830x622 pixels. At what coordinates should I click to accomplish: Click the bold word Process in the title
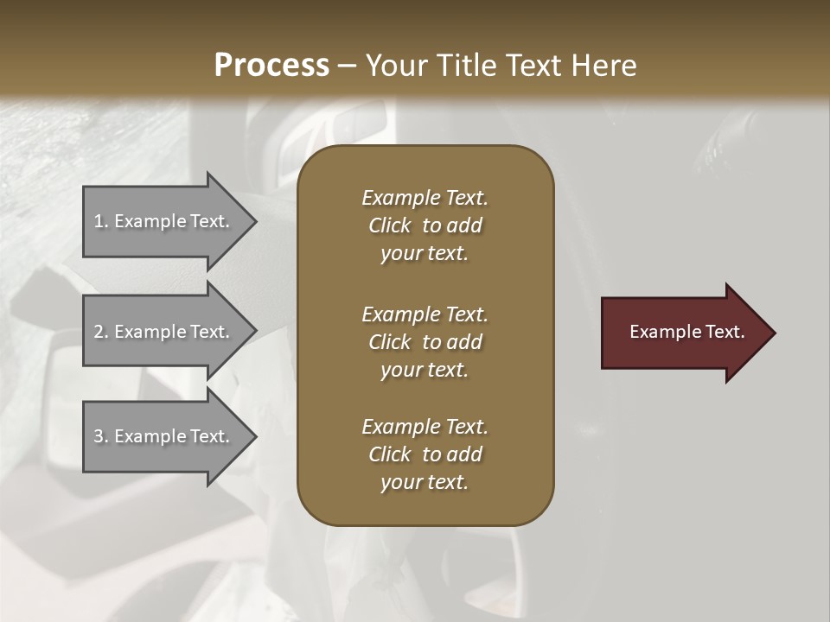tap(271, 66)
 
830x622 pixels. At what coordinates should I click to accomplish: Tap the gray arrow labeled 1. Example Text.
tap(164, 221)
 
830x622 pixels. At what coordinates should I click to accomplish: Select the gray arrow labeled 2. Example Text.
tap(164, 332)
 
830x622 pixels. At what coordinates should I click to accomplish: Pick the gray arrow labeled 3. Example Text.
tap(164, 436)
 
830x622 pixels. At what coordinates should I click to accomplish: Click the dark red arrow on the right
tap(683, 333)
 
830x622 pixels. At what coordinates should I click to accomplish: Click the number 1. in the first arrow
tap(101, 221)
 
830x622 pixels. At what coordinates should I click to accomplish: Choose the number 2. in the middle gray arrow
tap(101, 332)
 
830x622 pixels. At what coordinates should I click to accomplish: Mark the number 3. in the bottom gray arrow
tap(101, 436)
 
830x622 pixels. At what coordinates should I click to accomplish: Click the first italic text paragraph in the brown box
tap(425, 225)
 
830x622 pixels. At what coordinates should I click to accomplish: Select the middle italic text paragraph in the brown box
tap(425, 342)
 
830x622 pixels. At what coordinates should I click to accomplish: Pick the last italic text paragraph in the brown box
tap(425, 454)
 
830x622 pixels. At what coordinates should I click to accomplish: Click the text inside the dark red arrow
tap(686, 332)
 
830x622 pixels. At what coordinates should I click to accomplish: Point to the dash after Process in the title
tap(347, 67)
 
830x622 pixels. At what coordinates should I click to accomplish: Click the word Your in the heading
tap(394, 66)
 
